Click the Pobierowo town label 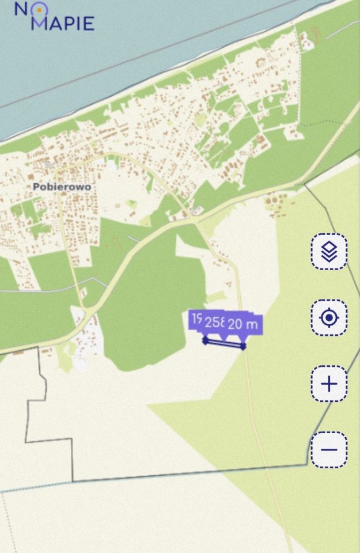[x=62, y=187]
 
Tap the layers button [x=329, y=252]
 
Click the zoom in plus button [x=329, y=384]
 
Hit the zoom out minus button [x=329, y=450]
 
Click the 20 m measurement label [x=242, y=324]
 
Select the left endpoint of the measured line [x=206, y=340]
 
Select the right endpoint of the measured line [x=243, y=346]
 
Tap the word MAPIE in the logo [x=62, y=24]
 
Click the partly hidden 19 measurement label [x=196, y=319]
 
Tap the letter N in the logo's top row [x=21, y=9]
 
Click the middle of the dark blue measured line [x=224, y=343]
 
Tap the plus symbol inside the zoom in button [x=329, y=384]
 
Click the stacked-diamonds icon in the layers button [x=329, y=252]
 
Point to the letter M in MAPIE [x=39, y=24]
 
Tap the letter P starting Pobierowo [x=36, y=187]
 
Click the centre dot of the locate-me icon [x=329, y=317]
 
